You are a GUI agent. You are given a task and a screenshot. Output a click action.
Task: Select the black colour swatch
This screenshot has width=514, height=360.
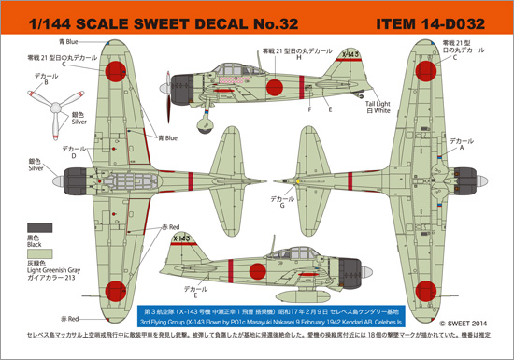click(39, 227)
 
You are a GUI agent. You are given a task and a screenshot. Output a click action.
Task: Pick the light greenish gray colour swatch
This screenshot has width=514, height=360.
click(39, 253)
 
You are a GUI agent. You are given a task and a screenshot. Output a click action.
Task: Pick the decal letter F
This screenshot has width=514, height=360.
click(307, 108)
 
